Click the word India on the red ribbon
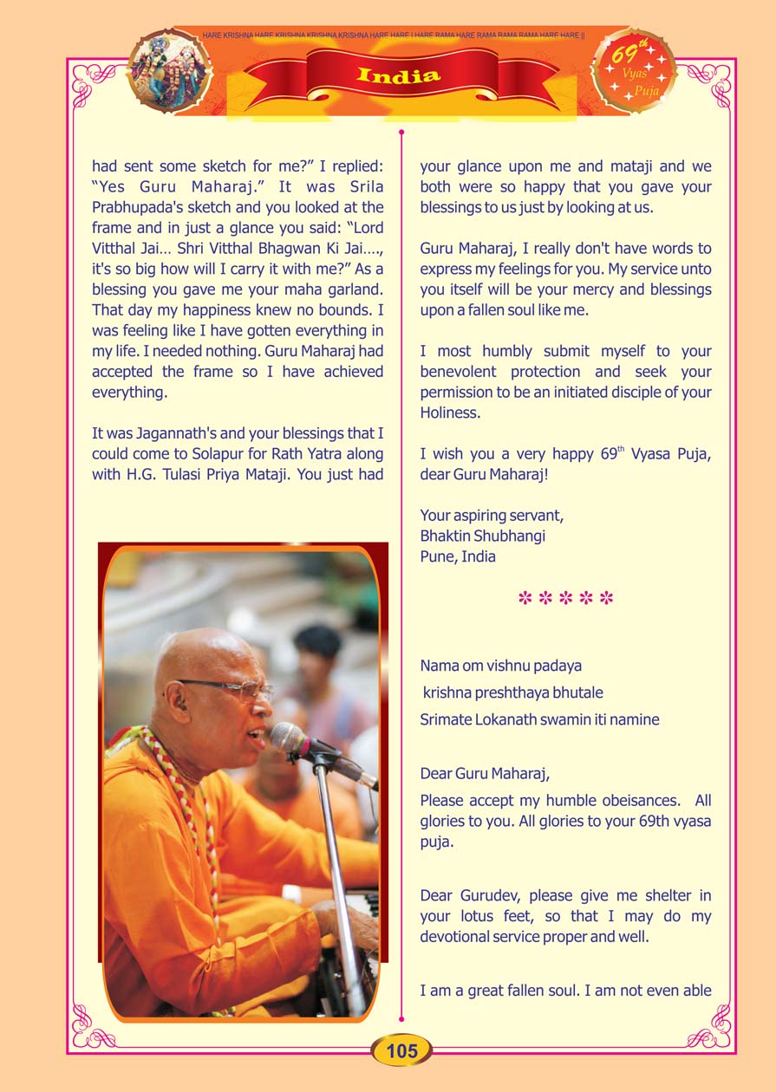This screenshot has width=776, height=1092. click(x=399, y=75)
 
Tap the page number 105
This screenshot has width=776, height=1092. click(x=401, y=1051)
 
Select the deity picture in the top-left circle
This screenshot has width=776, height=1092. click(x=170, y=70)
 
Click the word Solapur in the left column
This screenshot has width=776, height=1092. click(x=205, y=454)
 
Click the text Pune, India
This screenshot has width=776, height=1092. click(x=458, y=556)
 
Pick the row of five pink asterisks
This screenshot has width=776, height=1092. click(x=565, y=599)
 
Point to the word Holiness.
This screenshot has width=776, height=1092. click(x=449, y=413)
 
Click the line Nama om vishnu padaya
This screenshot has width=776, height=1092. click(x=500, y=666)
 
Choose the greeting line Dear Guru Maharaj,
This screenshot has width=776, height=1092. click(x=485, y=773)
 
